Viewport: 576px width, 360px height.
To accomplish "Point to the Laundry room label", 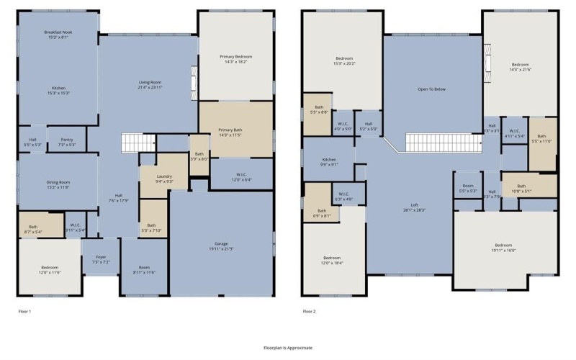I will (x=163, y=179).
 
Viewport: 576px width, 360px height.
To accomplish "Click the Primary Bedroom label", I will (x=235, y=58).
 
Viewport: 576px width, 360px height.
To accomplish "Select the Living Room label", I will (x=150, y=85).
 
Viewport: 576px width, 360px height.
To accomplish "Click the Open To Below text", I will (x=432, y=89).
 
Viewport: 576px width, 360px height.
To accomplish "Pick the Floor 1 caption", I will (x=24, y=311).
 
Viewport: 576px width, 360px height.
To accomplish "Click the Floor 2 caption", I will (x=309, y=311).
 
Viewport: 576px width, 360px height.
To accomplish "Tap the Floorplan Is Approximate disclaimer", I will (x=288, y=347).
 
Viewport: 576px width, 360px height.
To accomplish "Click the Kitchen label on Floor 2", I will (x=329, y=161).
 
